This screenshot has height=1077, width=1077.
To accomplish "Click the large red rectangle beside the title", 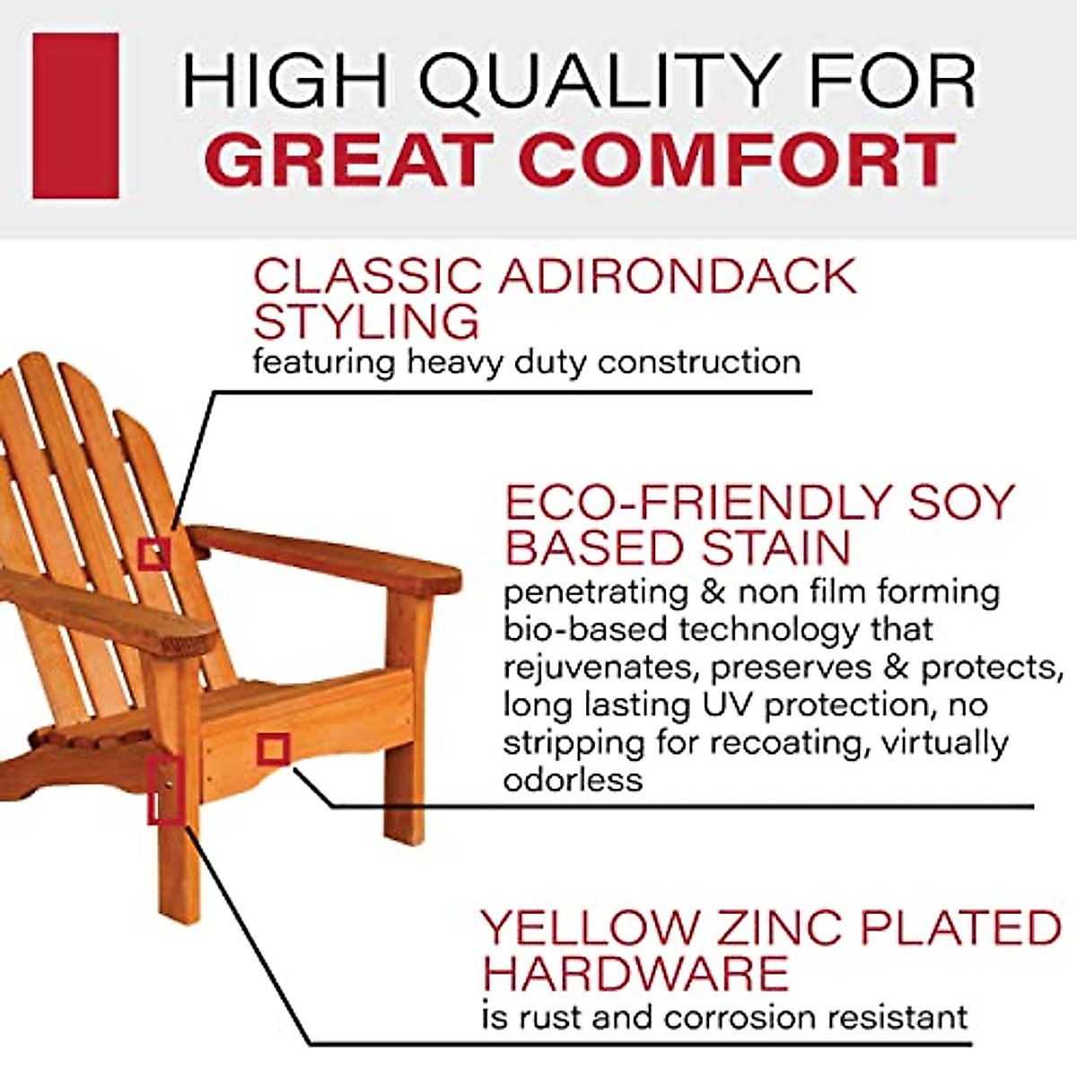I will click(75, 116).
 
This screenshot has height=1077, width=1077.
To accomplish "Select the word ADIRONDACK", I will click(678, 276).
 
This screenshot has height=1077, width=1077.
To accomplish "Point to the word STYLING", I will click(366, 321).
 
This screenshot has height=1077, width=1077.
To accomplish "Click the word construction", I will click(699, 363).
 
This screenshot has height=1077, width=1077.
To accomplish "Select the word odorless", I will click(573, 779).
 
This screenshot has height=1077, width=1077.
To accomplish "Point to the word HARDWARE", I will click(635, 973).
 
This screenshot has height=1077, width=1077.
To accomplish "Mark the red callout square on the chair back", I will click(154, 554).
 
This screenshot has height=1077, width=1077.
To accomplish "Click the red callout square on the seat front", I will click(273, 749).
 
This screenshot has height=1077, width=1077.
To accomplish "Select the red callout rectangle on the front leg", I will click(166, 790).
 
